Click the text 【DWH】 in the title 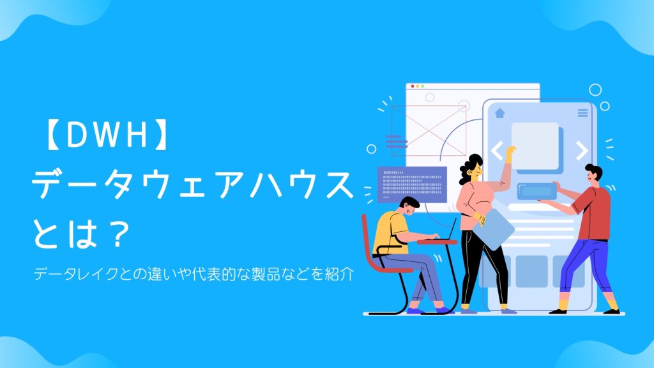(102, 137)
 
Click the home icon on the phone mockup (499, 113)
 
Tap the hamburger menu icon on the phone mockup (582, 113)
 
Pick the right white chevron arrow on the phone (581, 151)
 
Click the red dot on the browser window (413, 86)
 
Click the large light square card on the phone (535, 144)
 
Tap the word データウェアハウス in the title (192, 187)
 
